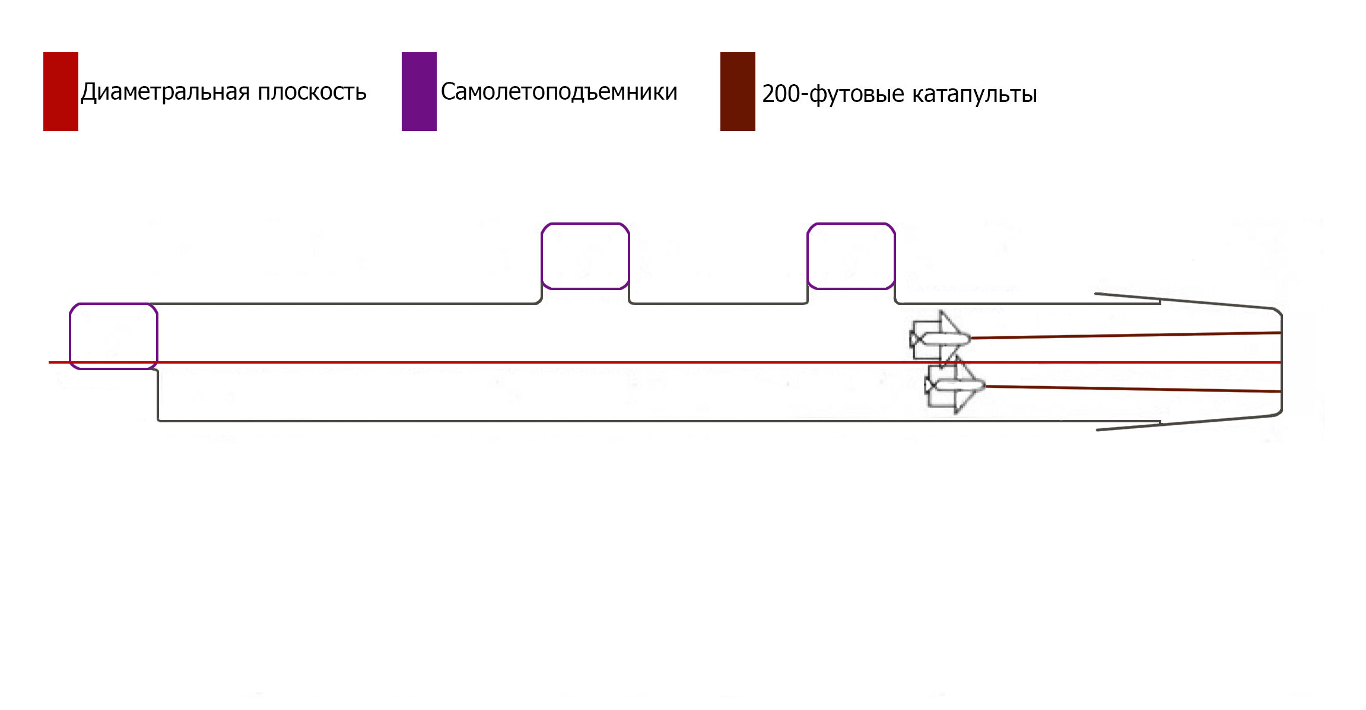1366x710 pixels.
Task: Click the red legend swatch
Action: coord(61,91)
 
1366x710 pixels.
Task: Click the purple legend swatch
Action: coord(419,91)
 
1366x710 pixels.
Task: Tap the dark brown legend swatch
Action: coord(738,91)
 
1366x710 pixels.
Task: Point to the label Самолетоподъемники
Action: coord(559,92)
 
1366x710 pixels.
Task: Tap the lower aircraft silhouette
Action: coord(955,386)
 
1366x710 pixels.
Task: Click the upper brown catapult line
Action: coord(1126,336)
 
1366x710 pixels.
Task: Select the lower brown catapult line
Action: coord(1133,389)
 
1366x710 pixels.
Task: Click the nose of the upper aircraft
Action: coord(970,339)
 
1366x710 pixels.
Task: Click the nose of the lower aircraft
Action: coord(985,386)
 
